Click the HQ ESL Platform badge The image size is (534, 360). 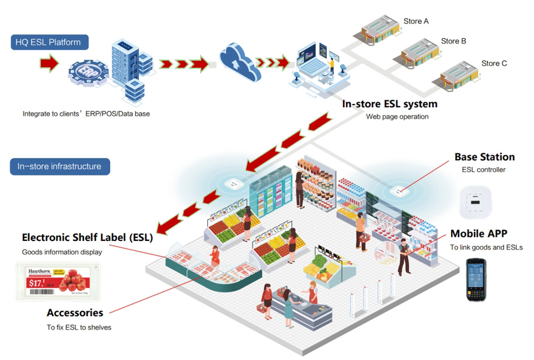49,42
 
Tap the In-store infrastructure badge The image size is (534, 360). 60,166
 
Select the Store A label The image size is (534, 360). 416,22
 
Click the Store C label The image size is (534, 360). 494,63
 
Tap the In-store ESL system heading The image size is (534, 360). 389,104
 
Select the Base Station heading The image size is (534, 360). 484,157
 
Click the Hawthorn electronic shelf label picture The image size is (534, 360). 58,281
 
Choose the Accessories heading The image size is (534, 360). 75,313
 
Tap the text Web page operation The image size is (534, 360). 397,117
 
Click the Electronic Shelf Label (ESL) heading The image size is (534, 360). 87,237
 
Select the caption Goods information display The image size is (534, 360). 62,252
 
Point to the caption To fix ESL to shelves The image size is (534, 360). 79,327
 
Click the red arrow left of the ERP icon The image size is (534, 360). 50,62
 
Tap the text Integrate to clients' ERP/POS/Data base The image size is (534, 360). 86,114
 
